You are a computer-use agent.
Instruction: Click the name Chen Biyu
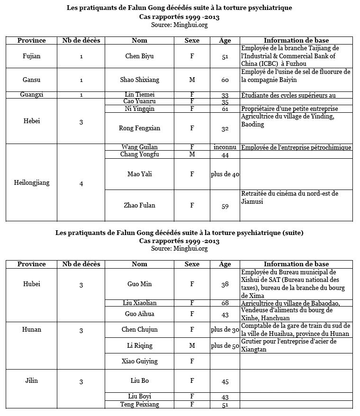coord(139,56)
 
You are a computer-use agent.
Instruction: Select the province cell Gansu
coord(32,80)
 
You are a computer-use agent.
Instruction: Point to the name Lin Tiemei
coord(139,94)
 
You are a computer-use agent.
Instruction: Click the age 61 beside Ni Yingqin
coord(225,109)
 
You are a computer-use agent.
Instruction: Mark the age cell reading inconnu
coord(225,147)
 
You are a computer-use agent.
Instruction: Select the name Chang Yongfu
coord(139,154)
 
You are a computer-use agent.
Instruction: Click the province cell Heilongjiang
coord(32,182)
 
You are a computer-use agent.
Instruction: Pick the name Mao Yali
coord(139,174)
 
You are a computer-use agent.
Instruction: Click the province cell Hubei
coord(32,284)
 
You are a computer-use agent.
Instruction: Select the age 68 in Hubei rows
coord(225,303)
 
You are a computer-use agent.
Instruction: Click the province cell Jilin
coord(32,380)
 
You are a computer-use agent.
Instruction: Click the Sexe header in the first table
coord(192,40)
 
